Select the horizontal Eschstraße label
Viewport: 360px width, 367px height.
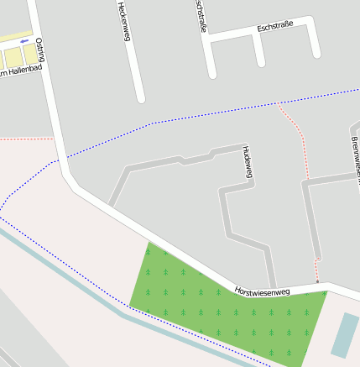tap(274, 29)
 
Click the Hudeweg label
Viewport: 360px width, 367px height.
tap(247, 162)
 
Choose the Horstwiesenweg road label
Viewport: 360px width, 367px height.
tap(262, 291)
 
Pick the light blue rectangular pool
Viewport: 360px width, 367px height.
tap(344, 334)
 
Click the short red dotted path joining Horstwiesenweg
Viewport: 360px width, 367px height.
tap(317, 270)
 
